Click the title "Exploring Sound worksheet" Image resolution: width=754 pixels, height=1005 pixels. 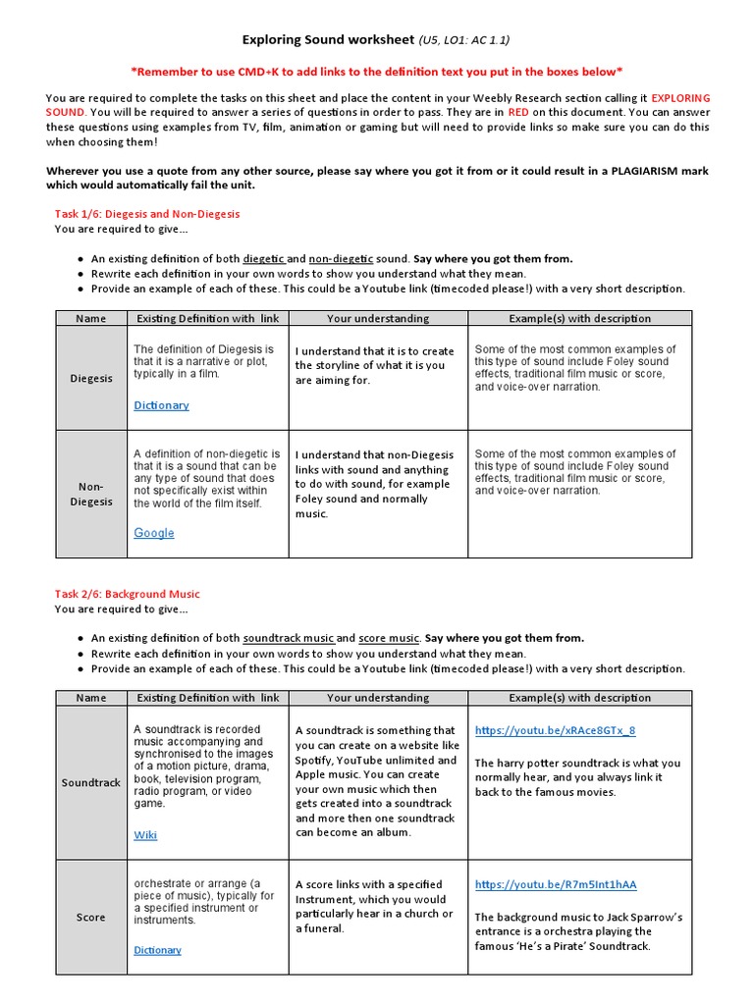pyautogui.click(x=328, y=40)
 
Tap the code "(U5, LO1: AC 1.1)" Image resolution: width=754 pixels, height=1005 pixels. pyautogui.click(x=463, y=40)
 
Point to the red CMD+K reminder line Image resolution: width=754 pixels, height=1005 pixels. pyautogui.click(x=376, y=72)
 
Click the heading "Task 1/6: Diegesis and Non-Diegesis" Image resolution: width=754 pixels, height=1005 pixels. pyautogui.click(x=147, y=213)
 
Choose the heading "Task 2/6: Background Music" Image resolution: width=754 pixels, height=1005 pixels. pyautogui.click(x=127, y=594)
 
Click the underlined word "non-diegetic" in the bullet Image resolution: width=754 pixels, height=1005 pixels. pyautogui.click(x=342, y=259)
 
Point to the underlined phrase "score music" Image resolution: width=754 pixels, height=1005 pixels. pyautogui.click(x=389, y=638)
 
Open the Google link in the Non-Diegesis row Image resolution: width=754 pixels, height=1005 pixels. pyautogui.click(x=154, y=533)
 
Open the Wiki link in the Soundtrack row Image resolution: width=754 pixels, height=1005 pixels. pyautogui.click(x=145, y=835)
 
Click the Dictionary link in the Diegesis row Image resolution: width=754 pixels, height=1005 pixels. pyautogui.click(x=161, y=405)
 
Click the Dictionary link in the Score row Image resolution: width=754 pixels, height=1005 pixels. pyautogui.click(x=157, y=950)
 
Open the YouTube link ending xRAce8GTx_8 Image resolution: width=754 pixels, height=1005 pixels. pyautogui.click(x=555, y=731)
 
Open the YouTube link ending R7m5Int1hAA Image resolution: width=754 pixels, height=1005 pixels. pyautogui.click(x=556, y=884)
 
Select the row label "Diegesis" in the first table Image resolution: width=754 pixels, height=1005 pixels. pyautogui.click(x=91, y=378)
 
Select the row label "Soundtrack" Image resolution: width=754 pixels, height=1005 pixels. pyautogui.click(x=91, y=783)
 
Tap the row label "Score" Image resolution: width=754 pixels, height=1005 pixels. pyautogui.click(x=91, y=918)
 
